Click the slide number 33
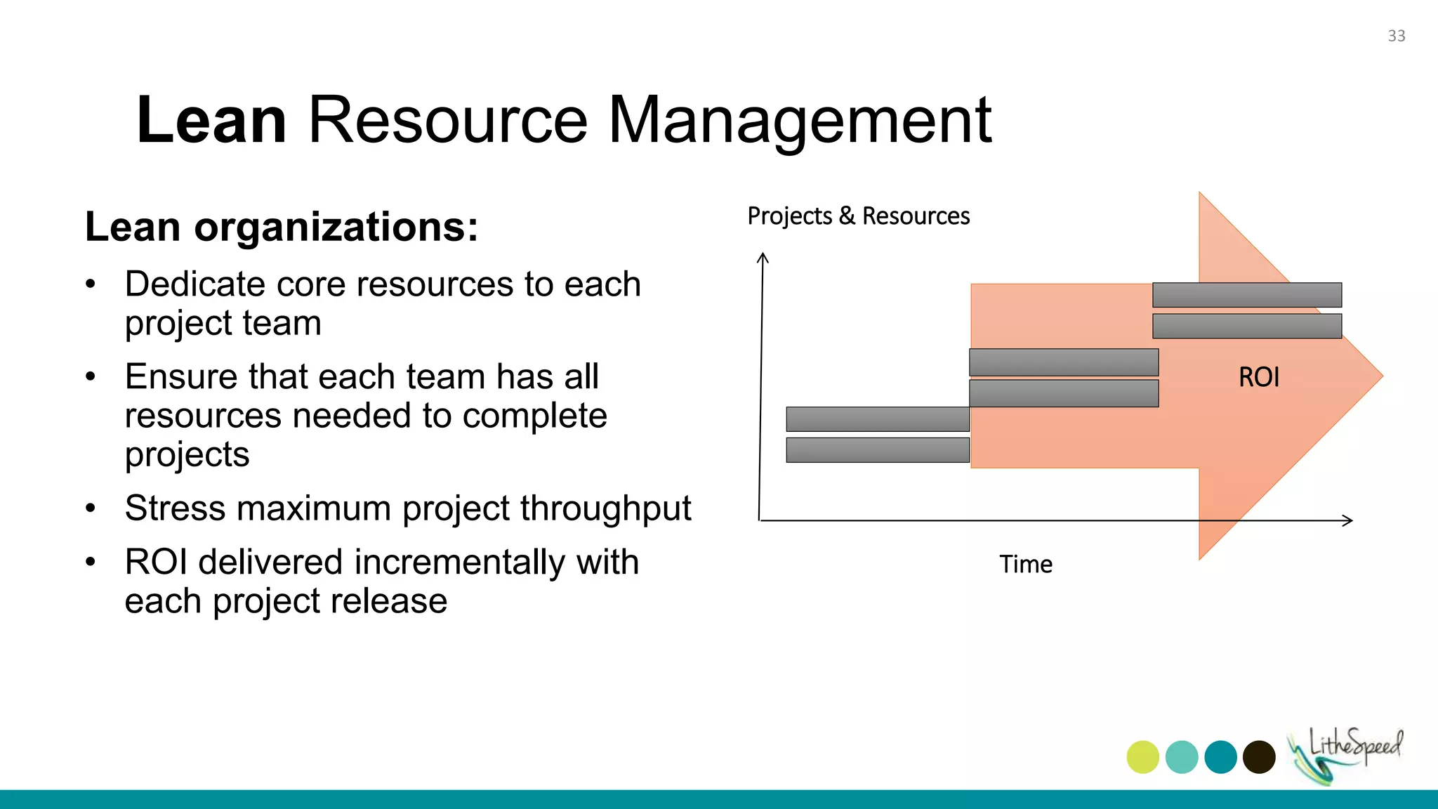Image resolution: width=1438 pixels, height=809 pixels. click(1396, 36)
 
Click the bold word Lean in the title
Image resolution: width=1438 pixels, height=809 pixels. click(211, 120)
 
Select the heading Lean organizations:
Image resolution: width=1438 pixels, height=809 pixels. click(282, 227)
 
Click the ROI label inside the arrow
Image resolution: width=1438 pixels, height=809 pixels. click(1258, 377)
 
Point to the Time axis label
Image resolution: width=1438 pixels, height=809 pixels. click(1026, 564)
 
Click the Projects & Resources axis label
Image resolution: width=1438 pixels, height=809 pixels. click(858, 216)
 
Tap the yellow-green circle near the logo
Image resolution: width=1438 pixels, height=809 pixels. click(1142, 757)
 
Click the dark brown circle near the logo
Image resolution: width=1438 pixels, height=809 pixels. click(1259, 757)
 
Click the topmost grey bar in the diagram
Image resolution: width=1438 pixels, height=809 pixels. click(1247, 295)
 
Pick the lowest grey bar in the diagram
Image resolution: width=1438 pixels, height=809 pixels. click(878, 450)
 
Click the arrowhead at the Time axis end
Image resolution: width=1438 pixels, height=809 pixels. click(1347, 520)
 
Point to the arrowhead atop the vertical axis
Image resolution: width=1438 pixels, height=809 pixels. click(763, 258)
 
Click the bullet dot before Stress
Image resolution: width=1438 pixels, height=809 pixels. click(90, 508)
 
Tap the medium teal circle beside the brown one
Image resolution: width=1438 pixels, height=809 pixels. click(1220, 757)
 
